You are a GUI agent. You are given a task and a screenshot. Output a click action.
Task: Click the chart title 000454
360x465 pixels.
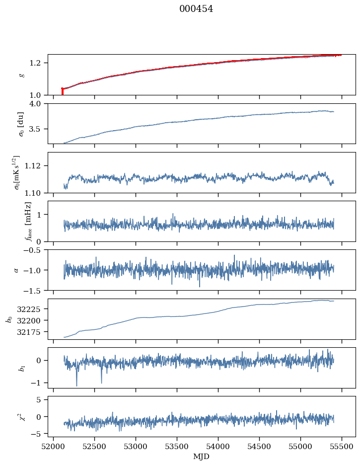pos(196,9)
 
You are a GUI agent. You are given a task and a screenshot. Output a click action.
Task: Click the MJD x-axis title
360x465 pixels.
pos(202,457)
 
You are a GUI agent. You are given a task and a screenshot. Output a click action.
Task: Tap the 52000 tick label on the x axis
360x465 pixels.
pos(54,446)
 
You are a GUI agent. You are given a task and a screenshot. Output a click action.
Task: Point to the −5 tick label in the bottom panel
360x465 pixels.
pos(39,434)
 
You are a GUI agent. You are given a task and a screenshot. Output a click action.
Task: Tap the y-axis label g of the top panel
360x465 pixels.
pos(21,75)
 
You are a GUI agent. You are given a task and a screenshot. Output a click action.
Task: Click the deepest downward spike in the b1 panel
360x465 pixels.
pos(76,385)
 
